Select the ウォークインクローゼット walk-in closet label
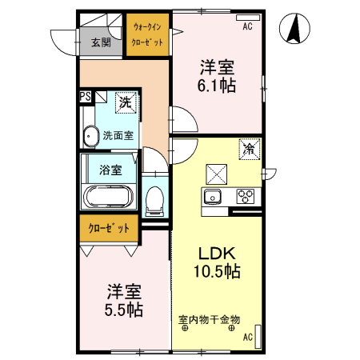[148, 34]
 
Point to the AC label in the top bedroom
[247, 26]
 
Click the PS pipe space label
[85, 97]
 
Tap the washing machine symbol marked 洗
[124, 102]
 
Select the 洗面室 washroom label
[117, 136]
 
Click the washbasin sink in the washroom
[89, 136]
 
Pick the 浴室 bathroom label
[110, 170]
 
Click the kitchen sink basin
[212, 197]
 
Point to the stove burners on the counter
[244, 196]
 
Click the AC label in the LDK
[247, 337]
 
